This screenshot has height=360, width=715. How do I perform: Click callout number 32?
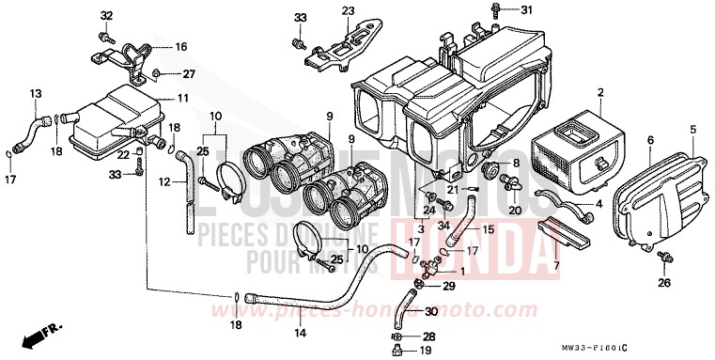(x=106, y=16)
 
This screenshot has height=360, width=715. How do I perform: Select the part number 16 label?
(x=180, y=46)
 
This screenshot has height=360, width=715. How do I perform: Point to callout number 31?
(x=526, y=10)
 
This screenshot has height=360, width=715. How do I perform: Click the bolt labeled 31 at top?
(x=494, y=10)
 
